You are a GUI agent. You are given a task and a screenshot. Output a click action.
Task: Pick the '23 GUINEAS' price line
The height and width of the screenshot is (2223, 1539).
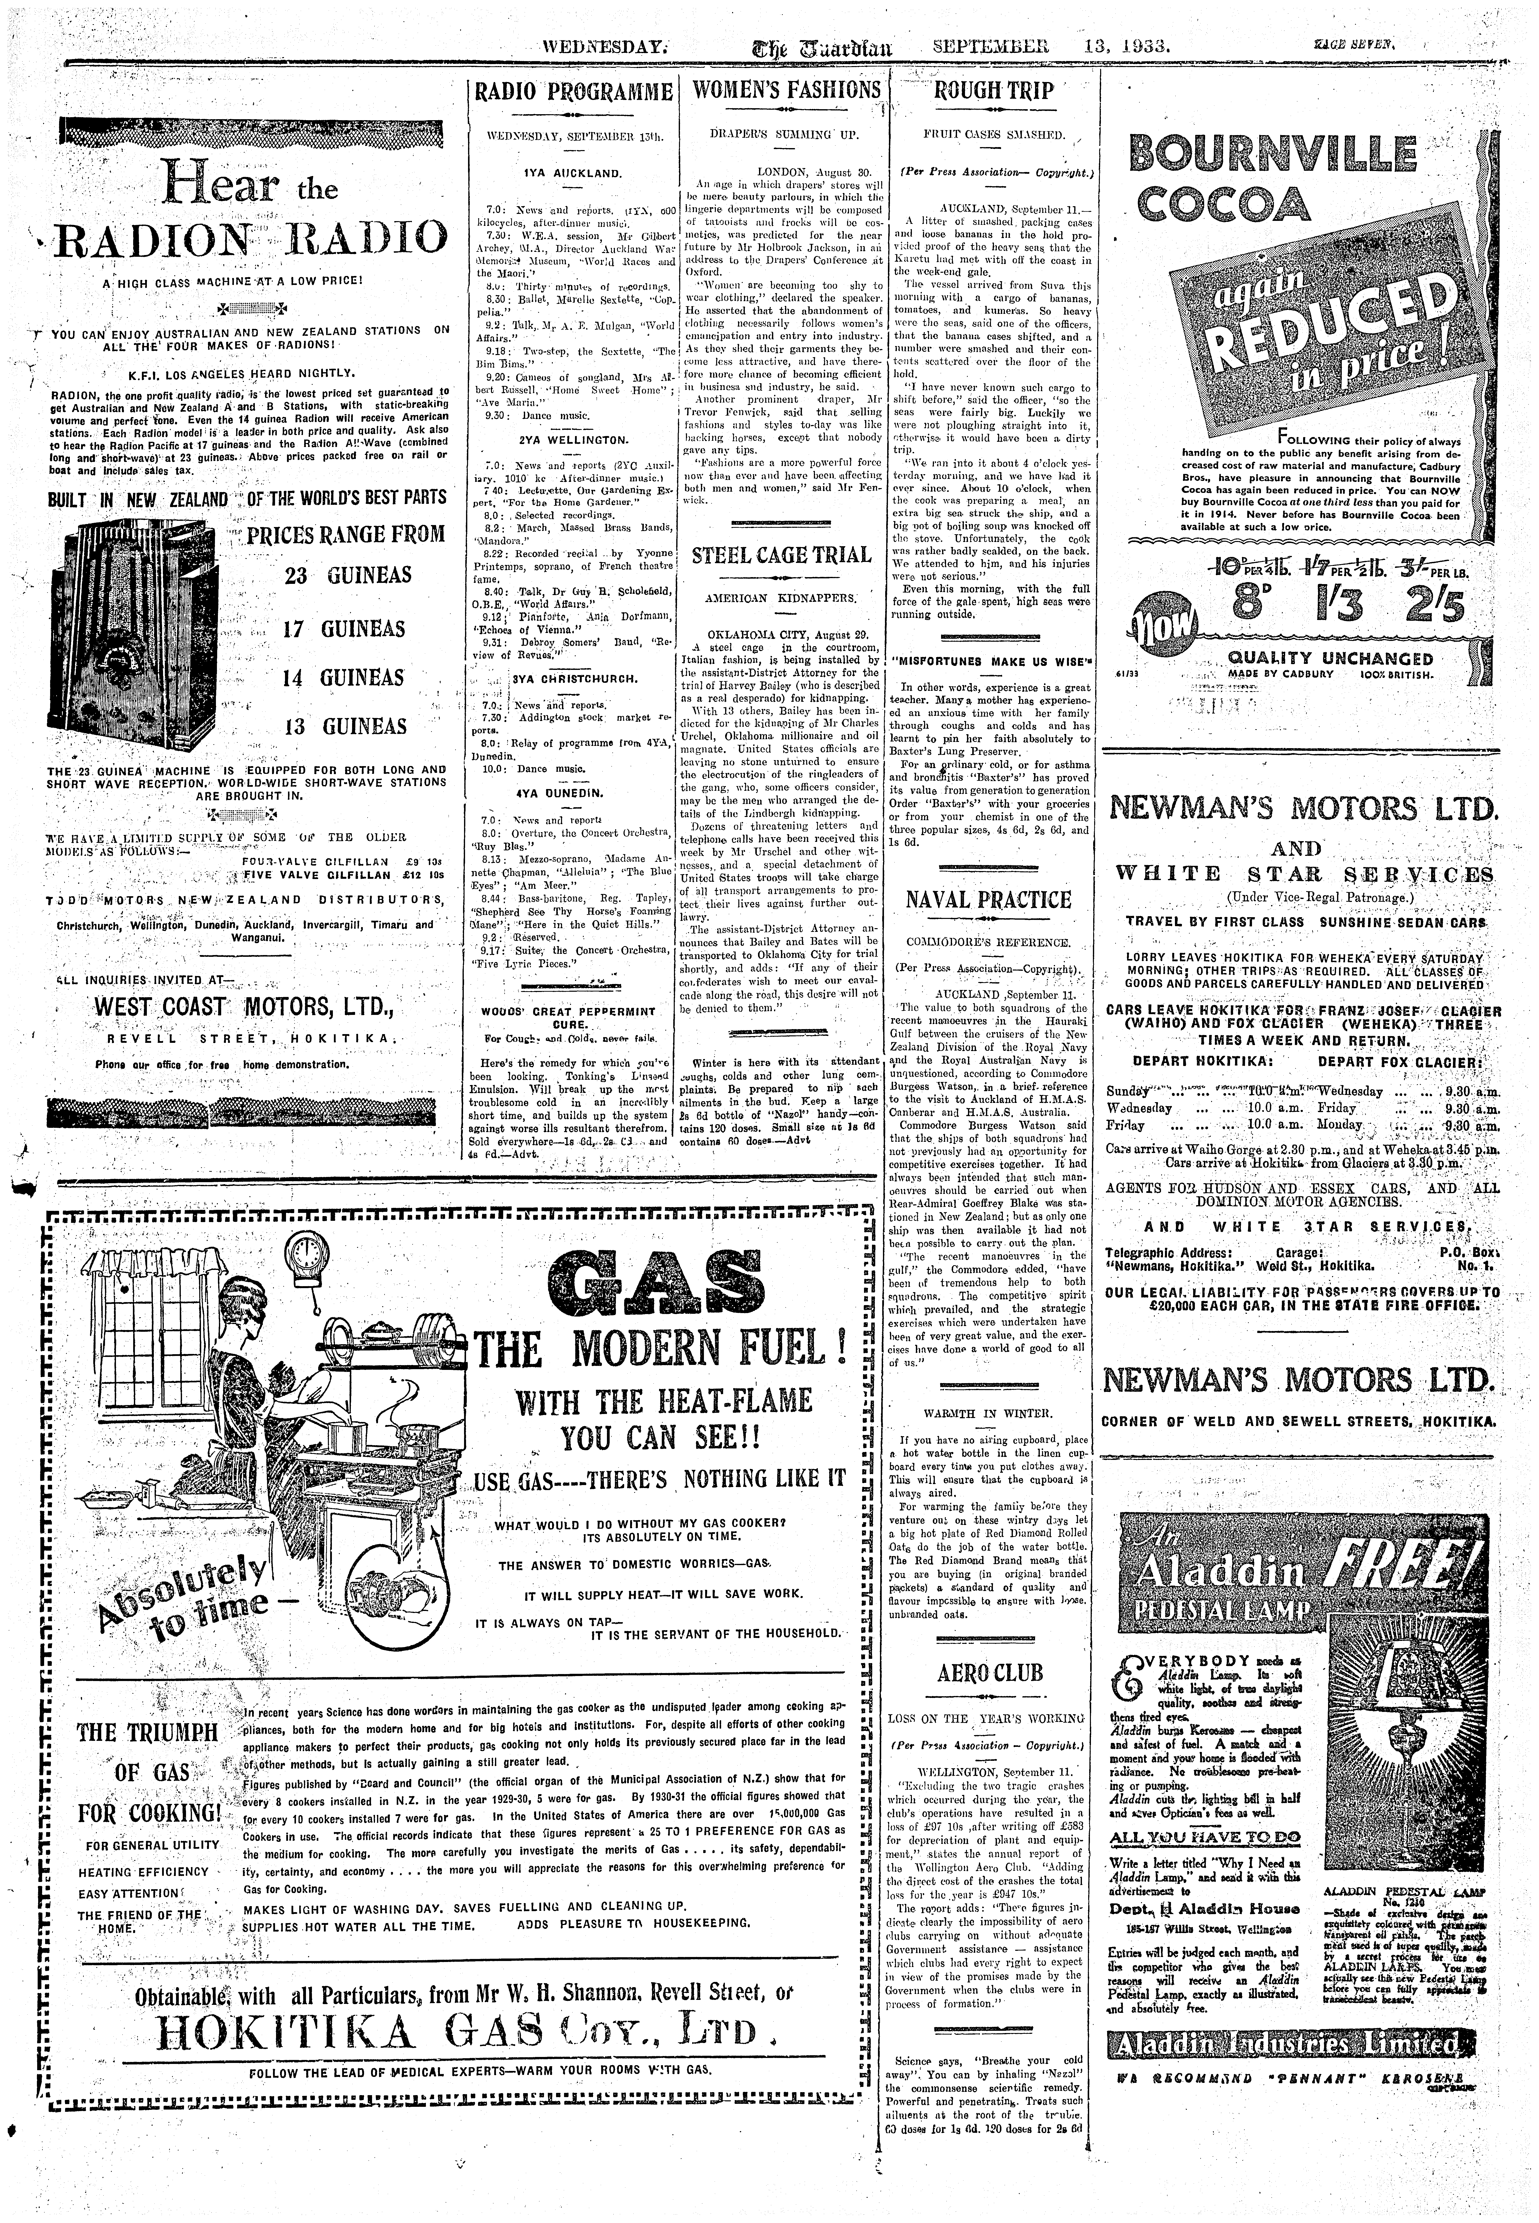click(x=347, y=576)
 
